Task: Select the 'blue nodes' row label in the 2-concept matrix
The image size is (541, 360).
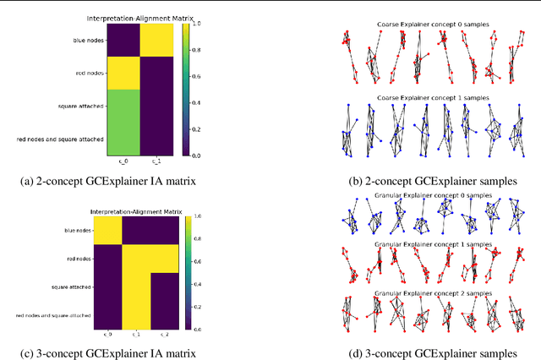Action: tap(87, 39)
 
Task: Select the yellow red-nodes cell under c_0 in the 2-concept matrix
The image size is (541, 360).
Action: tap(124, 73)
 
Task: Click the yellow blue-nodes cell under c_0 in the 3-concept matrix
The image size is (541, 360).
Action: tap(108, 231)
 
